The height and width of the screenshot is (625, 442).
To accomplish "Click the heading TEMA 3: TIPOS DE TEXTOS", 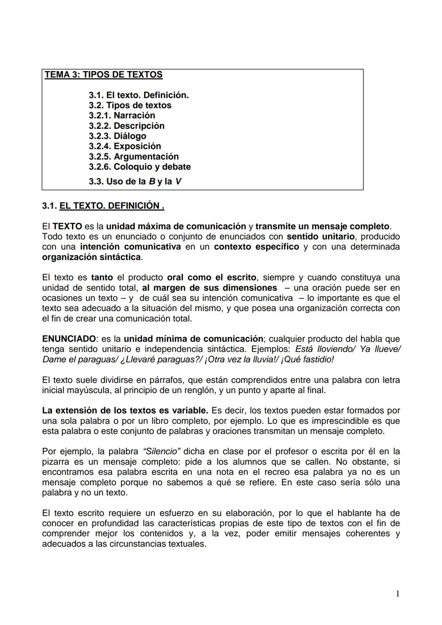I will pyautogui.click(x=104, y=75).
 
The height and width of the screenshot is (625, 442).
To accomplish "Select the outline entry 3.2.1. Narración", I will pyautogui.click(x=122, y=115).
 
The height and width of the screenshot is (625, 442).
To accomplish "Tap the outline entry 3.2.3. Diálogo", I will pyautogui.click(x=117, y=136).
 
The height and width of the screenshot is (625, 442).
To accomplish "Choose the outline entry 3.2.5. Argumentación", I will pyautogui.click(x=134, y=156).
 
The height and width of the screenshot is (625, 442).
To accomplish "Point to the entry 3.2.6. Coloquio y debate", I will pyautogui.click(x=140, y=166).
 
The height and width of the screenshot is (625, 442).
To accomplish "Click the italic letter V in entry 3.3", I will pyautogui.click(x=178, y=181).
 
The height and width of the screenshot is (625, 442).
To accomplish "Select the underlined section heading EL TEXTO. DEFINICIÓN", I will pyautogui.click(x=112, y=206).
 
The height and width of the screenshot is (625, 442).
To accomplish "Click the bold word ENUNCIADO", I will pyautogui.click(x=69, y=339).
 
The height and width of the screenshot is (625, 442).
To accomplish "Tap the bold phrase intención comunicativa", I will pyautogui.click(x=130, y=247).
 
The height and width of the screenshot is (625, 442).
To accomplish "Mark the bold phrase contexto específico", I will pyautogui.click(x=256, y=247).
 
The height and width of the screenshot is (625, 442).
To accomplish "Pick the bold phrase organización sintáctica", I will pyautogui.click(x=91, y=257).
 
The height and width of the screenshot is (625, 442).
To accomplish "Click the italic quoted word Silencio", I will pyautogui.click(x=162, y=452).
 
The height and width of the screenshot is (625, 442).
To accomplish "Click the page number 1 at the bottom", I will pyautogui.click(x=397, y=594).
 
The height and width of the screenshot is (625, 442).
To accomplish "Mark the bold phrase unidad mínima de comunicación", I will pyautogui.click(x=193, y=339).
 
